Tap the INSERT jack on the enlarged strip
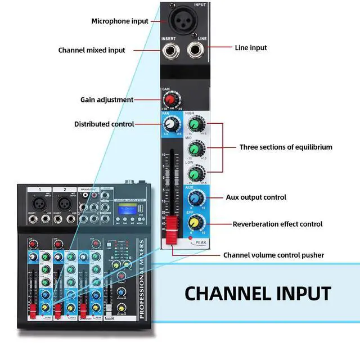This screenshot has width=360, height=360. pyautogui.click(x=170, y=52)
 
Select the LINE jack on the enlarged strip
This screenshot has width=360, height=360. pyautogui.click(x=197, y=51)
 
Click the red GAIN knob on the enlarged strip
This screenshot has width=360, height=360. pyautogui.click(x=169, y=99)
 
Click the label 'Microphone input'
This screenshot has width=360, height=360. pyautogui.click(x=120, y=21)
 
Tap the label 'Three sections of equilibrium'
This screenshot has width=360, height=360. pyautogui.click(x=286, y=147)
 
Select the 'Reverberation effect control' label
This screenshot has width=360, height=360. pyautogui.click(x=278, y=224)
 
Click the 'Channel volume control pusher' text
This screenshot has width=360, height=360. pyautogui.click(x=273, y=255)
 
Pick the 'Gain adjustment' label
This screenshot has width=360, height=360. pyautogui.click(x=107, y=100)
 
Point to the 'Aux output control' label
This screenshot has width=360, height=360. pyautogui.click(x=256, y=197)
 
